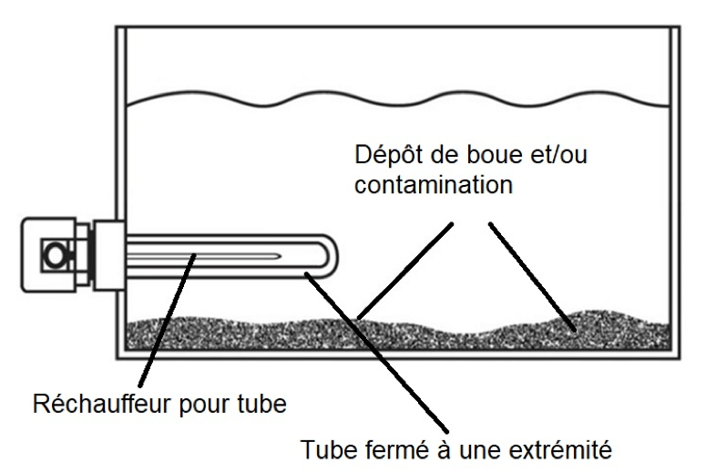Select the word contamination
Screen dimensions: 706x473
(x=434, y=185)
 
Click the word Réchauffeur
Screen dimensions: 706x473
(x=103, y=403)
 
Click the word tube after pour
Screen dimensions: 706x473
(x=261, y=403)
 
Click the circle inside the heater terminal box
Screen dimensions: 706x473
(x=56, y=254)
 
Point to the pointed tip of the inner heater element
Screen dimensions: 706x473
(x=280, y=256)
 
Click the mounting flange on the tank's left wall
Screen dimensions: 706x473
(x=109, y=255)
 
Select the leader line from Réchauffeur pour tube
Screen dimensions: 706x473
(x=167, y=320)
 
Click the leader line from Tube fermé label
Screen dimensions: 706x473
(x=376, y=352)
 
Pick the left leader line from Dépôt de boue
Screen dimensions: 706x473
(x=404, y=271)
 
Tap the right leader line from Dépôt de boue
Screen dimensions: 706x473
(x=533, y=276)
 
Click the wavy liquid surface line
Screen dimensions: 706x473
(x=397, y=100)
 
